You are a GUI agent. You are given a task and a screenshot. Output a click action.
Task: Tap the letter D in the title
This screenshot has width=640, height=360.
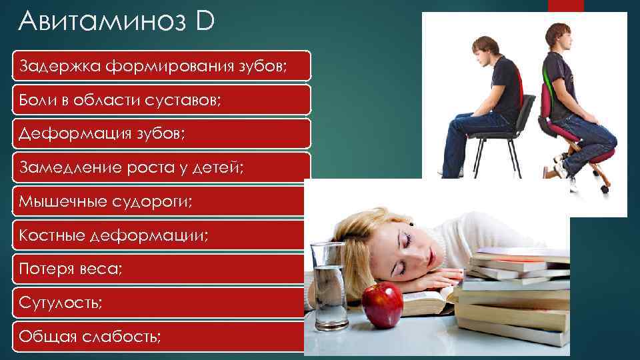coord(205,22)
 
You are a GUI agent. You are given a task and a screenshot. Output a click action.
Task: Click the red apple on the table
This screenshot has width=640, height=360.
coord(382,304)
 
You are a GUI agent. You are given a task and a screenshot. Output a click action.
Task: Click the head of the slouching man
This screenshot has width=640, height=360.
coord(485,49)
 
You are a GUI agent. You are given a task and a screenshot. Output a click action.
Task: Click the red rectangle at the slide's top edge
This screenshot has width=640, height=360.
coord(565,5)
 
